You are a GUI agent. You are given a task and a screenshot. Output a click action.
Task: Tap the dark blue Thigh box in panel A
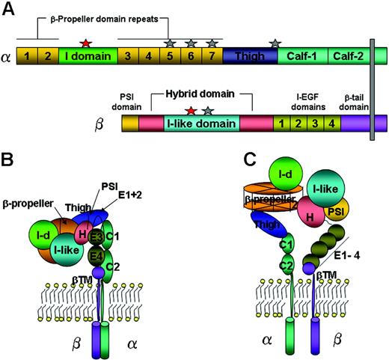pyautogui.click(x=250, y=55)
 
